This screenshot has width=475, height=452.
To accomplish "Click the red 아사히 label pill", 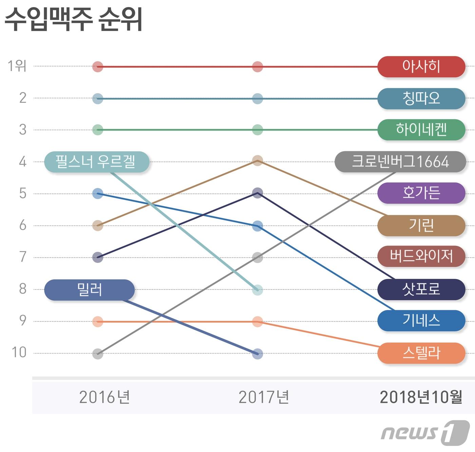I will pyautogui.click(x=421, y=66).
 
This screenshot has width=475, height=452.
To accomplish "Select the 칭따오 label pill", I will pyautogui.click(x=421, y=98).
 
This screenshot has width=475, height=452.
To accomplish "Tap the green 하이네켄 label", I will pyautogui.click(x=421, y=130).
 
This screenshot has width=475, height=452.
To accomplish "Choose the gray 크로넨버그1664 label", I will pyautogui.click(x=400, y=162).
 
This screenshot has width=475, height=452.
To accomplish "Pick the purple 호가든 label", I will pyautogui.click(x=421, y=193).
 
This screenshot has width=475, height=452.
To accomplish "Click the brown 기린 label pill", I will pyautogui.click(x=421, y=225).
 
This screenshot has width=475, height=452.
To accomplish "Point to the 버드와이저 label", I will pyautogui.click(x=421, y=256).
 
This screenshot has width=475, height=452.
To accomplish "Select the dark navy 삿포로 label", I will pyautogui.click(x=421, y=290).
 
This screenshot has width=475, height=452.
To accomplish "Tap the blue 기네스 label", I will pyautogui.click(x=421, y=320).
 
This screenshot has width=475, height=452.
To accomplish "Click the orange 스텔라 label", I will pyautogui.click(x=421, y=353).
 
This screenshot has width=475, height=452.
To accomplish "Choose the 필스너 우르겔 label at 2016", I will pyautogui.click(x=96, y=162).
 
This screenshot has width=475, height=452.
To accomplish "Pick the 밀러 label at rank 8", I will pyautogui.click(x=90, y=290).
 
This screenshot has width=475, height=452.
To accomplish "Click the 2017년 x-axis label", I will pyautogui.click(x=264, y=397).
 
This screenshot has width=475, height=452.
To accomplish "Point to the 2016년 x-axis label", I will pyautogui.click(x=104, y=397).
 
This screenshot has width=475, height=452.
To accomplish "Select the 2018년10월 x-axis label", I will pyautogui.click(x=421, y=397).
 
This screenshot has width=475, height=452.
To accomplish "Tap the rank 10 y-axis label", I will pyautogui.click(x=19, y=353).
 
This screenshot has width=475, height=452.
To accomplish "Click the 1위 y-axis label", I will pyautogui.click(x=17, y=66).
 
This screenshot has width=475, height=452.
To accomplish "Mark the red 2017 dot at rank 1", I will pyautogui.click(x=258, y=67).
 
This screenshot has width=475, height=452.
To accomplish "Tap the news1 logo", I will pyautogui.click(x=425, y=433).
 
